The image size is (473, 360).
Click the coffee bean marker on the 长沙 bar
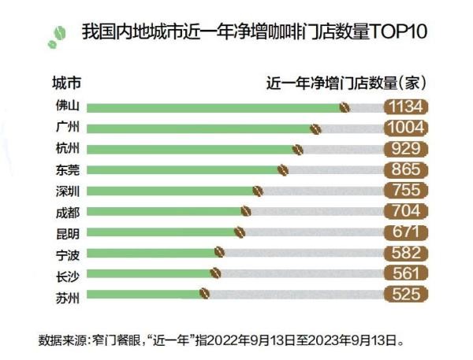tap(215, 273)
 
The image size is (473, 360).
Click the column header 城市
tap(66, 82)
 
